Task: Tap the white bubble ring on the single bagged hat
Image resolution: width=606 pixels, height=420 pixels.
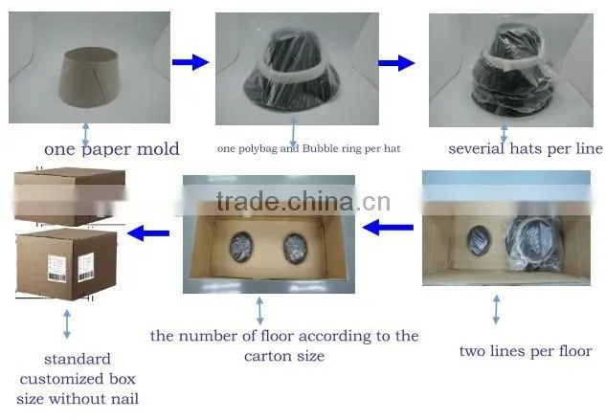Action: [x=295, y=73]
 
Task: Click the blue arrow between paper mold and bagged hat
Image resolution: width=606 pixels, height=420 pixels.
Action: [x=191, y=62]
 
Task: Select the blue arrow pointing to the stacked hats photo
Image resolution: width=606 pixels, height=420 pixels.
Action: [x=396, y=63]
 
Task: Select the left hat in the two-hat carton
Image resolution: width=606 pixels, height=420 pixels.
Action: [x=241, y=247]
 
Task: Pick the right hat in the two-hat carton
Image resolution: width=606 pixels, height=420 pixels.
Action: [x=295, y=248]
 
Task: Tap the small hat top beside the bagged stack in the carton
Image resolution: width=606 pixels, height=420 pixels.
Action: [x=480, y=240]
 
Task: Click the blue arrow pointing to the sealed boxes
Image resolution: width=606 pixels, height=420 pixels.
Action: [x=148, y=232]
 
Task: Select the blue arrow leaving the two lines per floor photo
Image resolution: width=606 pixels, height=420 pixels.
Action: [x=388, y=228]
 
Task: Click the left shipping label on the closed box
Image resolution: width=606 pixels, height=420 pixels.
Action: [x=57, y=268]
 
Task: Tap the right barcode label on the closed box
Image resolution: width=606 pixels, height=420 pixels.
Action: [x=86, y=267]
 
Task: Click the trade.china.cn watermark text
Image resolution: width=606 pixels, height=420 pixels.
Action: [x=303, y=201]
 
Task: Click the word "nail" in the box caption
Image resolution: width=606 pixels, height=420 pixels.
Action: [x=124, y=398]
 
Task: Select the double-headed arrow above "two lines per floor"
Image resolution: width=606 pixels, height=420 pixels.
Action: [x=496, y=309]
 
